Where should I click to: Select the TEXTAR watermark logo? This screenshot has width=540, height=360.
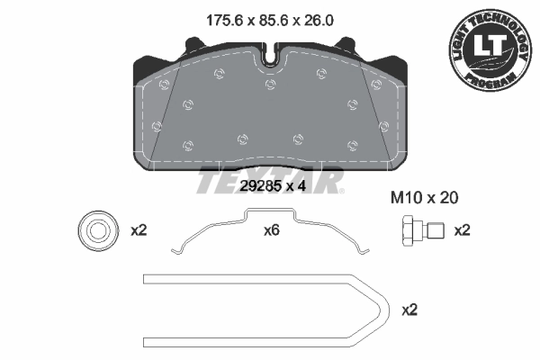click(x=270, y=180)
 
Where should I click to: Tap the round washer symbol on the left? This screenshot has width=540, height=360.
click(x=94, y=229)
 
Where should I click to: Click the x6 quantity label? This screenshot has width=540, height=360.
click(x=271, y=230)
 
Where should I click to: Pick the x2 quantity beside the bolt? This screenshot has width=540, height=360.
click(x=462, y=230)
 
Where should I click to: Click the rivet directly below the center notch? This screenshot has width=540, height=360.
click(x=270, y=84)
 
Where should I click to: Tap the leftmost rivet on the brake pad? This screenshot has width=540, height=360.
click(x=157, y=125)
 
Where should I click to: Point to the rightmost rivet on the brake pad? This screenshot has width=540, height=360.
click(x=384, y=125)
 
